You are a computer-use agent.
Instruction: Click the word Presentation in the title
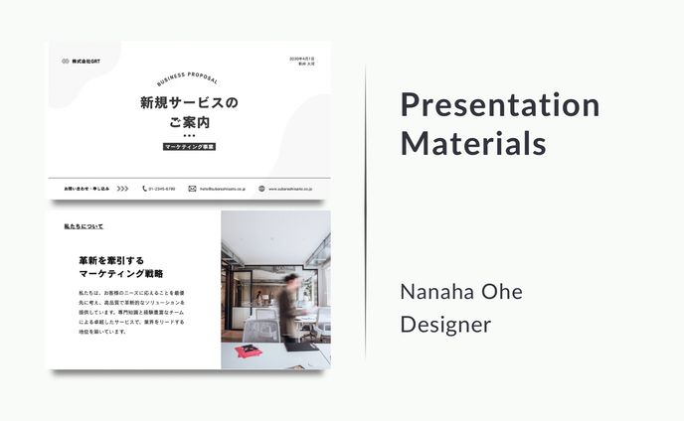499,104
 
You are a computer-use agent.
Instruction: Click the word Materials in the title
473,143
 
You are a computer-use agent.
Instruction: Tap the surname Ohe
503,292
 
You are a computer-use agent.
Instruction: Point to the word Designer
445,325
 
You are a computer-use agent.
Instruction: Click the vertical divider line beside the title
366,210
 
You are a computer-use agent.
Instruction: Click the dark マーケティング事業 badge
189,147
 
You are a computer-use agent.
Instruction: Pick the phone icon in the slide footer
144,188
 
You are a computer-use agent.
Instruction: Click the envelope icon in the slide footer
192,188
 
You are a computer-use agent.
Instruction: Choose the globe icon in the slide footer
261,188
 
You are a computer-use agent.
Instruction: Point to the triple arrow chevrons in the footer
122,188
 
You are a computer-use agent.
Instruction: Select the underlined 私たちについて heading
84,226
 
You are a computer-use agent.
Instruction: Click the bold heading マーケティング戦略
121,273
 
